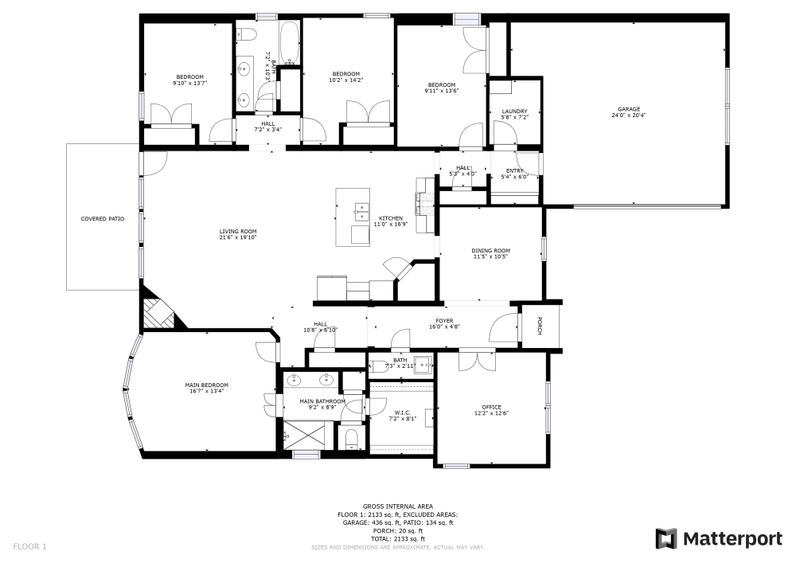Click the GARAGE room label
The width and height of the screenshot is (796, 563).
click(629, 109)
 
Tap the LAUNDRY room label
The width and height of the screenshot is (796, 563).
click(514, 111)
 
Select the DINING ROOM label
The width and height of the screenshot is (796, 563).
click(491, 251)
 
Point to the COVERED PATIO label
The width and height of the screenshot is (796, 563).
click(103, 219)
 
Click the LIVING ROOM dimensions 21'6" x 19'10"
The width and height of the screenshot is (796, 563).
click(238, 237)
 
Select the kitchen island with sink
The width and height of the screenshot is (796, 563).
click(353, 217)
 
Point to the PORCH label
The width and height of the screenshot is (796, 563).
click(540, 326)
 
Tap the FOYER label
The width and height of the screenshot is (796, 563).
click(444, 321)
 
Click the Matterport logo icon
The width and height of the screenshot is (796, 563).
click(666, 539)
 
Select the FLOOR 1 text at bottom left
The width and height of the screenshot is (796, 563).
click(29, 546)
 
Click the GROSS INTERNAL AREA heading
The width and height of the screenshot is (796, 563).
click(397, 506)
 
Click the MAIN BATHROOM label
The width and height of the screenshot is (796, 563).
click(322, 401)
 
